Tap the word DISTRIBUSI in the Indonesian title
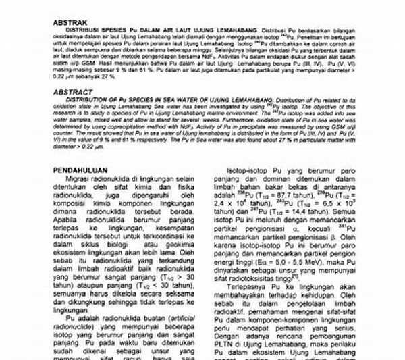tap(82, 31)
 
